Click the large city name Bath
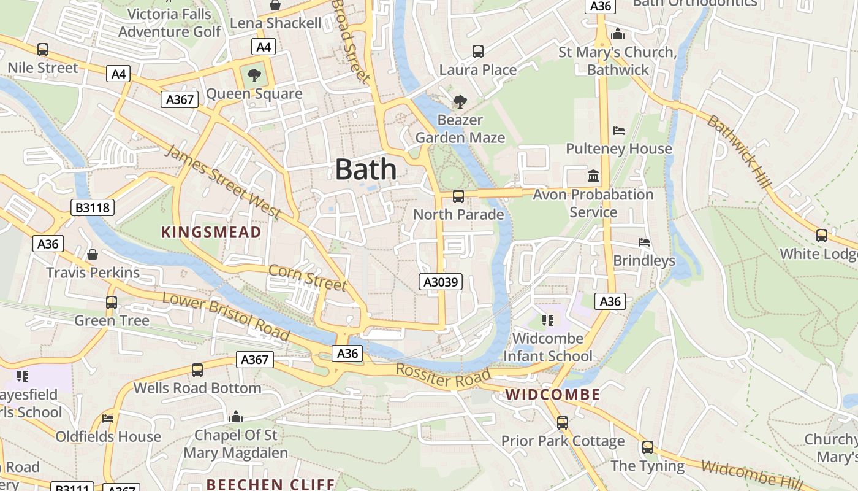[365, 169]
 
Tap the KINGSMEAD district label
[211, 232]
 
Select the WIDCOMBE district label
[553, 395]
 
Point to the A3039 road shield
[440, 282]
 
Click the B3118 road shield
[93, 208]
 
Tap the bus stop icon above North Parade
[458, 196]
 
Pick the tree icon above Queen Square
[254, 76]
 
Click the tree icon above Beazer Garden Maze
[460, 102]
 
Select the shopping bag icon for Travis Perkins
[93, 255]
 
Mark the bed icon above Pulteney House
[619, 131]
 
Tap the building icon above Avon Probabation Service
[593, 177]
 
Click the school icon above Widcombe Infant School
[547, 320]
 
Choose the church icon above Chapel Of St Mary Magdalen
[236, 417]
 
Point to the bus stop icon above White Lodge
[821, 236]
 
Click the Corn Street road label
[308, 277]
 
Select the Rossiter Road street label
[443, 376]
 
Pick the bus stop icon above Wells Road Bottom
[197, 370]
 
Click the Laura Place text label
[478, 70]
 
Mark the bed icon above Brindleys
[644, 242]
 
